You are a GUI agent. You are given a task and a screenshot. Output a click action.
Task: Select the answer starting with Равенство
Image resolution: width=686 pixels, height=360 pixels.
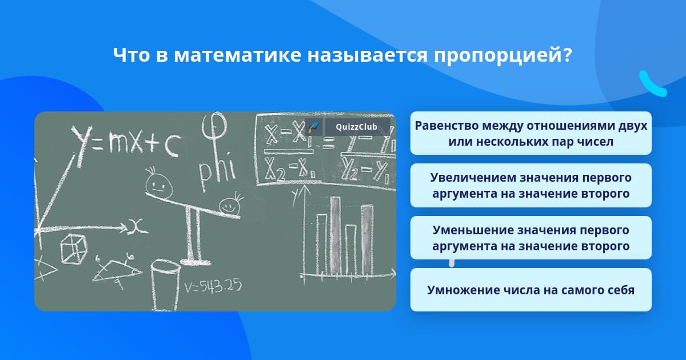(531, 133)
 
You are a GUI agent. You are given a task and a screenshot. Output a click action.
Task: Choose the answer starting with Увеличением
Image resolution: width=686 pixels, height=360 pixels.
(531, 186)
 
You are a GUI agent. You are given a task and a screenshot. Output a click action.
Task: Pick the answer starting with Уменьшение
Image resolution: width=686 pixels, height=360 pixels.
(531, 238)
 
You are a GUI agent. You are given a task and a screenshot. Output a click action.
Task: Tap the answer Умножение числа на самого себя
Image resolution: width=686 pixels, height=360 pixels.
(531, 290)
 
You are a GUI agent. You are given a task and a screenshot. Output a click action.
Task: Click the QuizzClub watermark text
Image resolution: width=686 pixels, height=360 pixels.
(357, 127)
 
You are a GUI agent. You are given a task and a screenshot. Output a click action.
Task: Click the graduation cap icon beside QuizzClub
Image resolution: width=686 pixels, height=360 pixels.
(313, 127)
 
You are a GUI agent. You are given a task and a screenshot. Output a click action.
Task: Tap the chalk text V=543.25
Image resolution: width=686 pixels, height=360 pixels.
(213, 286)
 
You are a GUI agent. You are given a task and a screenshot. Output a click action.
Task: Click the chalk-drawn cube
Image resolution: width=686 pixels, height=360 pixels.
(74, 249)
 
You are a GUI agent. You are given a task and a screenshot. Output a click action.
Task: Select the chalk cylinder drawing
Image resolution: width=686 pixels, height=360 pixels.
(165, 285)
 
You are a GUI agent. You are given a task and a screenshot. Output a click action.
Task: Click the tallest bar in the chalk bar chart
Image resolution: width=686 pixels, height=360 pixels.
(336, 235)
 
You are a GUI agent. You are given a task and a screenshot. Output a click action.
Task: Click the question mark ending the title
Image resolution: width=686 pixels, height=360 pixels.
(566, 55)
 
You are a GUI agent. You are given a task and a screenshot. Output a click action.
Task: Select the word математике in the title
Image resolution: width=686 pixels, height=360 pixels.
(238, 55)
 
